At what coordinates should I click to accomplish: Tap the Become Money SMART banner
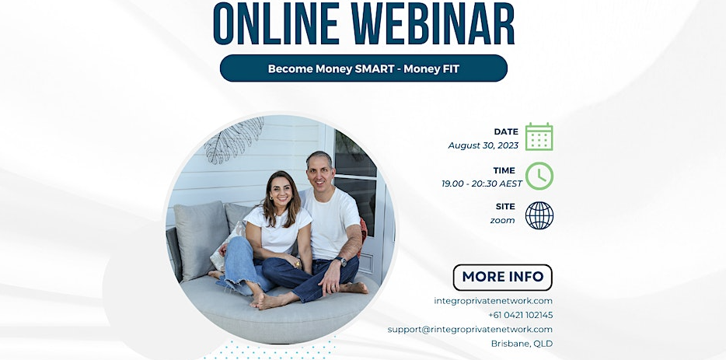tap(363, 68)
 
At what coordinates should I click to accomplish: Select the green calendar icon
tap(539, 137)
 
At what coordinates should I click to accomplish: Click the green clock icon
tap(539, 176)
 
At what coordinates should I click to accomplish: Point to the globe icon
tap(539, 215)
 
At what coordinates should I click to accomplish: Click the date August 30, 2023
tap(483, 145)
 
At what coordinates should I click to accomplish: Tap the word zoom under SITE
tap(502, 220)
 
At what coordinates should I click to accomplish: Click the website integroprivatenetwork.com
tap(494, 301)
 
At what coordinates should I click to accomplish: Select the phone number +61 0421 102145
tap(520, 315)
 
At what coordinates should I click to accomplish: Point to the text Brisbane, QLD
tap(522, 343)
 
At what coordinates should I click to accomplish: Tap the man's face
tap(319, 170)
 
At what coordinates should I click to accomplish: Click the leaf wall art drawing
tap(233, 139)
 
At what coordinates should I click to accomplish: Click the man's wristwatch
tap(343, 262)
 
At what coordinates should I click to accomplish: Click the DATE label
tap(506, 131)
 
